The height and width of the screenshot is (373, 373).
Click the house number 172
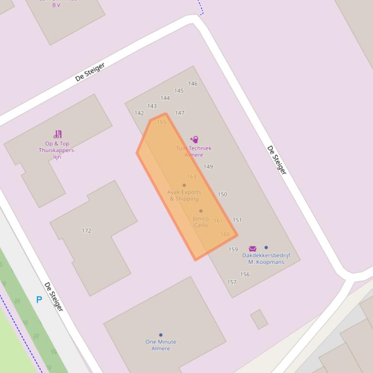point(86,231)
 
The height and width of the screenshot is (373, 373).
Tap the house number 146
point(193,83)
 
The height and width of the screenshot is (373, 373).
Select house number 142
point(139,113)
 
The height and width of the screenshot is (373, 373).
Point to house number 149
point(208,167)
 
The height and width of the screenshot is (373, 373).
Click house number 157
point(232,282)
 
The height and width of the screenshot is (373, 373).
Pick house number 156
point(245,274)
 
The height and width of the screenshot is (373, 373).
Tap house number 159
point(233,249)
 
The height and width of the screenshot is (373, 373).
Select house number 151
point(237,219)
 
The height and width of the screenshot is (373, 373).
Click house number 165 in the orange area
point(162,122)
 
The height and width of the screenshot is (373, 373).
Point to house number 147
point(179,113)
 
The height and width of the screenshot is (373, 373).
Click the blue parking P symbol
point(39,300)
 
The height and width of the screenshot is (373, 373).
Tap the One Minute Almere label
point(161,345)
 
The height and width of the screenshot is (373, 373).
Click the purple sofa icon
point(253,249)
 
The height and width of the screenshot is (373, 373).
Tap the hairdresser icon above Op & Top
point(58,134)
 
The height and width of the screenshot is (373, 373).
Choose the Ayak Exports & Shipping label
point(184,195)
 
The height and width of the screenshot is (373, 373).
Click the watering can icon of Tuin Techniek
point(194,140)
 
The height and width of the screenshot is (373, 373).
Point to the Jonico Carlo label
point(201,222)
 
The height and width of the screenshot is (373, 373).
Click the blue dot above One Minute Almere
point(161,335)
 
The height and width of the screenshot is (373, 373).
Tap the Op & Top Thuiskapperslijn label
point(57,150)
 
